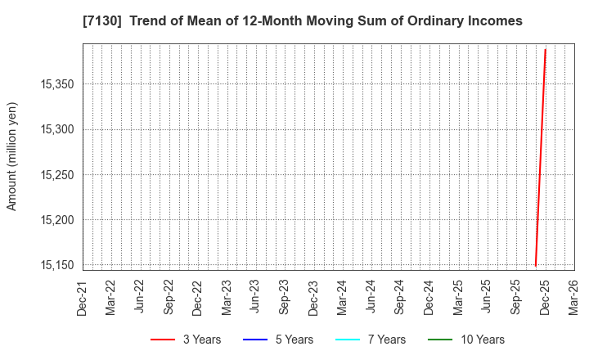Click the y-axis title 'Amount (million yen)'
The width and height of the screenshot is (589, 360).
coord(11,156)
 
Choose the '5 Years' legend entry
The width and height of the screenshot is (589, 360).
coord(280,340)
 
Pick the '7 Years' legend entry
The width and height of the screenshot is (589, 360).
coord(372,340)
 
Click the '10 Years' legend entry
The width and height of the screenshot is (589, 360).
coord(469,340)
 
